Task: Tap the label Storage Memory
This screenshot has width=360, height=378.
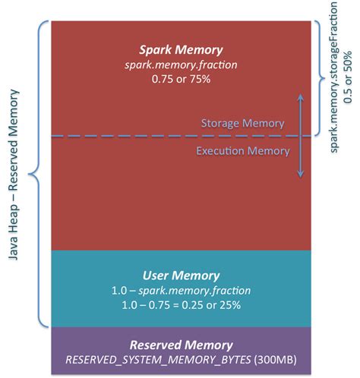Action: click(x=242, y=123)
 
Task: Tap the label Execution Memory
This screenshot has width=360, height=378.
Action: click(x=243, y=150)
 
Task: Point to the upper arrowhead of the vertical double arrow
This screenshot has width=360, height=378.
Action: click(x=301, y=96)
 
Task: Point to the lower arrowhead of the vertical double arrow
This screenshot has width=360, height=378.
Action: click(x=301, y=175)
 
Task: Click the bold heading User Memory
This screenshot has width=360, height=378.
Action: click(x=181, y=275)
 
